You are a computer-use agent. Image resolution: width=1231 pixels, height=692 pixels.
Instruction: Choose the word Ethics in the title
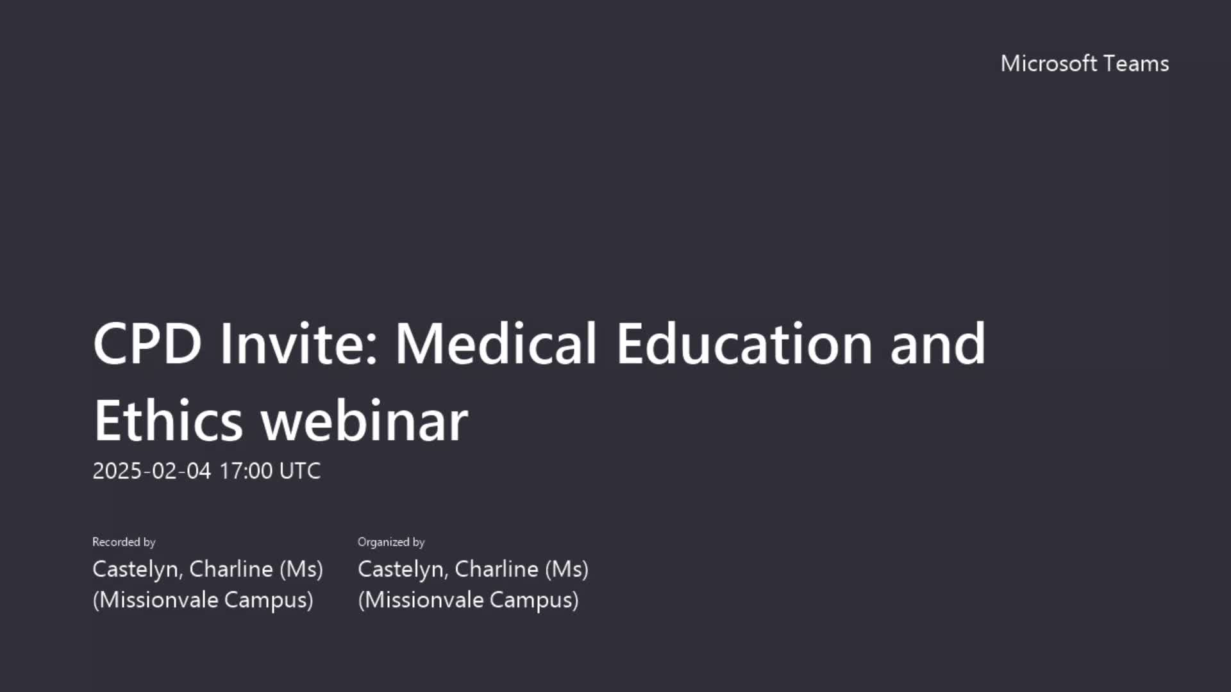(x=169, y=420)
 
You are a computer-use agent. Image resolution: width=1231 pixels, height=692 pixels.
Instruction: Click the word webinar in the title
(x=364, y=420)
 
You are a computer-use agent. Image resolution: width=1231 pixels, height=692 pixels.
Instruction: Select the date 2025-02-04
(x=152, y=471)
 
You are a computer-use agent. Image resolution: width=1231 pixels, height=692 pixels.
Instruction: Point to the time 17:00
(x=246, y=471)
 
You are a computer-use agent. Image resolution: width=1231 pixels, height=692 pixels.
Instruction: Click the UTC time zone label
(x=300, y=471)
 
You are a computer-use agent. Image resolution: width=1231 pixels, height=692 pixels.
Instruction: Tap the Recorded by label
(x=124, y=542)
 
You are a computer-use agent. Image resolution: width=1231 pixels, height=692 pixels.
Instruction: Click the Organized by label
(x=391, y=542)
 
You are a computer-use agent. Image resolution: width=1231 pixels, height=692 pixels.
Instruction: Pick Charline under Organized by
(x=497, y=569)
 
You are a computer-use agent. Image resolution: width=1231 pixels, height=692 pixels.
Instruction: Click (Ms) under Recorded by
(x=301, y=569)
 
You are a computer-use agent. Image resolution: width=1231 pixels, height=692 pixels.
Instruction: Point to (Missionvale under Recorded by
(x=156, y=600)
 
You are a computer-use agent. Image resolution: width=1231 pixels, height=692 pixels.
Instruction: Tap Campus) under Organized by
(x=534, y=600)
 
